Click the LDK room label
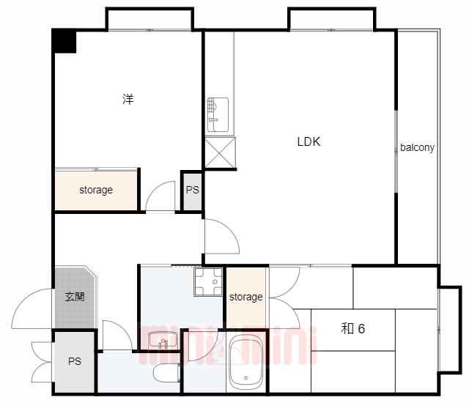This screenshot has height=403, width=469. pyautogui.click(x=309, y=141)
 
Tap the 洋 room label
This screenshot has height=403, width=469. pyautogui.click(x=128, y=99)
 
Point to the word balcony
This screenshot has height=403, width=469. pyautogui.click(x=417, y=147)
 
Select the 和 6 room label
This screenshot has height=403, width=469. pyautogui.click(x=353, y=328)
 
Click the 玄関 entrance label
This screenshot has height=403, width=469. pyautogui.click(x=75, y=297)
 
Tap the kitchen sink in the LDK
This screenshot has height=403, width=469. pyautogui.click(x=218, y=114)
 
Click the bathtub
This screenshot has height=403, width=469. pyautogui.click(x=245, y=363)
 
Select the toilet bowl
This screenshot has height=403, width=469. pyautogui.click(x=166, y=373)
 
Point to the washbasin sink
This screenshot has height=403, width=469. pyautogui.click(x=163, y=340)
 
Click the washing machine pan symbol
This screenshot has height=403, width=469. pyautogui.click(x=208, y=281)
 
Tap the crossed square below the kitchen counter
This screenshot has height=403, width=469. pyautogui.click(x=220, y=152)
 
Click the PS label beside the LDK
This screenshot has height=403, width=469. pyautogui.click(x=192, y=190)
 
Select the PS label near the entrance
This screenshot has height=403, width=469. pyautogui.click(x=75, y=361)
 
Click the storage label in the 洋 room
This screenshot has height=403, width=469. pyautogui.click(x=96, y=190)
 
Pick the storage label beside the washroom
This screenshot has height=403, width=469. pyautogui.click(x=246, y=297)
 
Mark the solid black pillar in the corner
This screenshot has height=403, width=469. pyautogui.click(x=64, y=41)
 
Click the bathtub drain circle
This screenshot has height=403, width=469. pyautogui.click(x=246, y=378)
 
